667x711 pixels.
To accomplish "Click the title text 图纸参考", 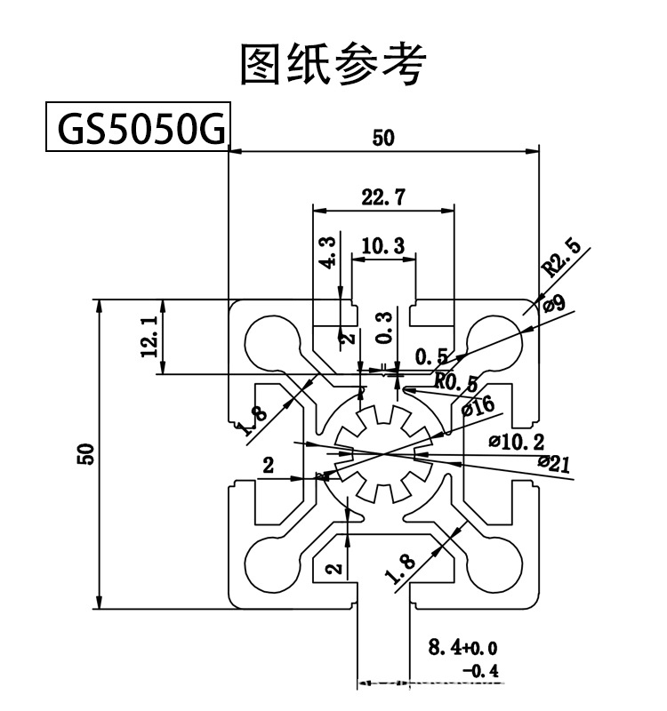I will (x=333, y=64).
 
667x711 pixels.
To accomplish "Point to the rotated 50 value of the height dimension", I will (x=86, y=453).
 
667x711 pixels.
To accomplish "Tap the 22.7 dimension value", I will (x=384, y=197).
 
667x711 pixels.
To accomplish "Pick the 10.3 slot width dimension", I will (x=384, y=245).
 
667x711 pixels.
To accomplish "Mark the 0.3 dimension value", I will (x=384, y=328).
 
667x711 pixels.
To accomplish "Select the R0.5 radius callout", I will (x=456, y=382).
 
